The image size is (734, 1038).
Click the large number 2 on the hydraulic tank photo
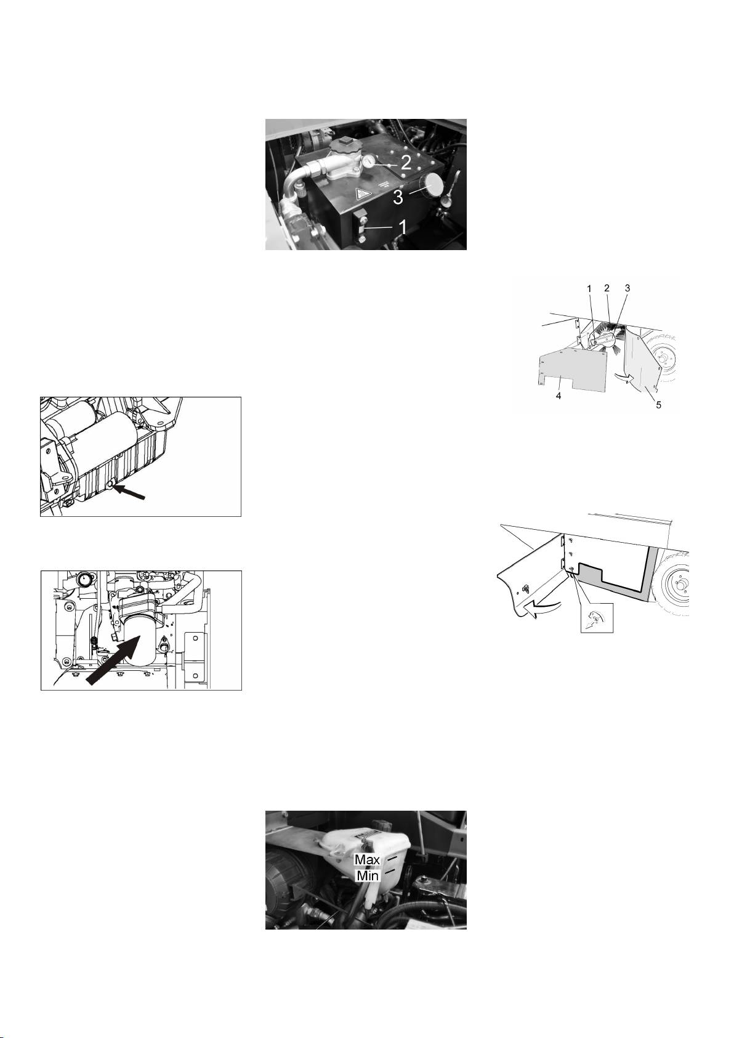pyautogui.click(x=406, y=162)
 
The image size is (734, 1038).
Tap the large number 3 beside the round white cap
pyautogui.click(x=398, y=197)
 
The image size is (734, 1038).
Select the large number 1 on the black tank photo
pyautogui.click(x=403, y=227)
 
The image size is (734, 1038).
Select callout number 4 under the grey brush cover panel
pyautogui.click(x=559, y=396)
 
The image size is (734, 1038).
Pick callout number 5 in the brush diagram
pyautogui.click(x=658, y=405)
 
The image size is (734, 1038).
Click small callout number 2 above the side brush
pyautogui.click(x=607, y=288)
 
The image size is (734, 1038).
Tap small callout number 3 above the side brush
pyautogui.click(x=627, y=288)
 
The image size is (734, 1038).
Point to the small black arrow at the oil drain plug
pyautogui.click(x=131, y=492)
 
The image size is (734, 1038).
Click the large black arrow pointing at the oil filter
pyautogui.click(x=114, y=659)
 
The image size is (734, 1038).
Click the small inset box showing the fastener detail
pyautogui.click(x=597, y=618)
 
